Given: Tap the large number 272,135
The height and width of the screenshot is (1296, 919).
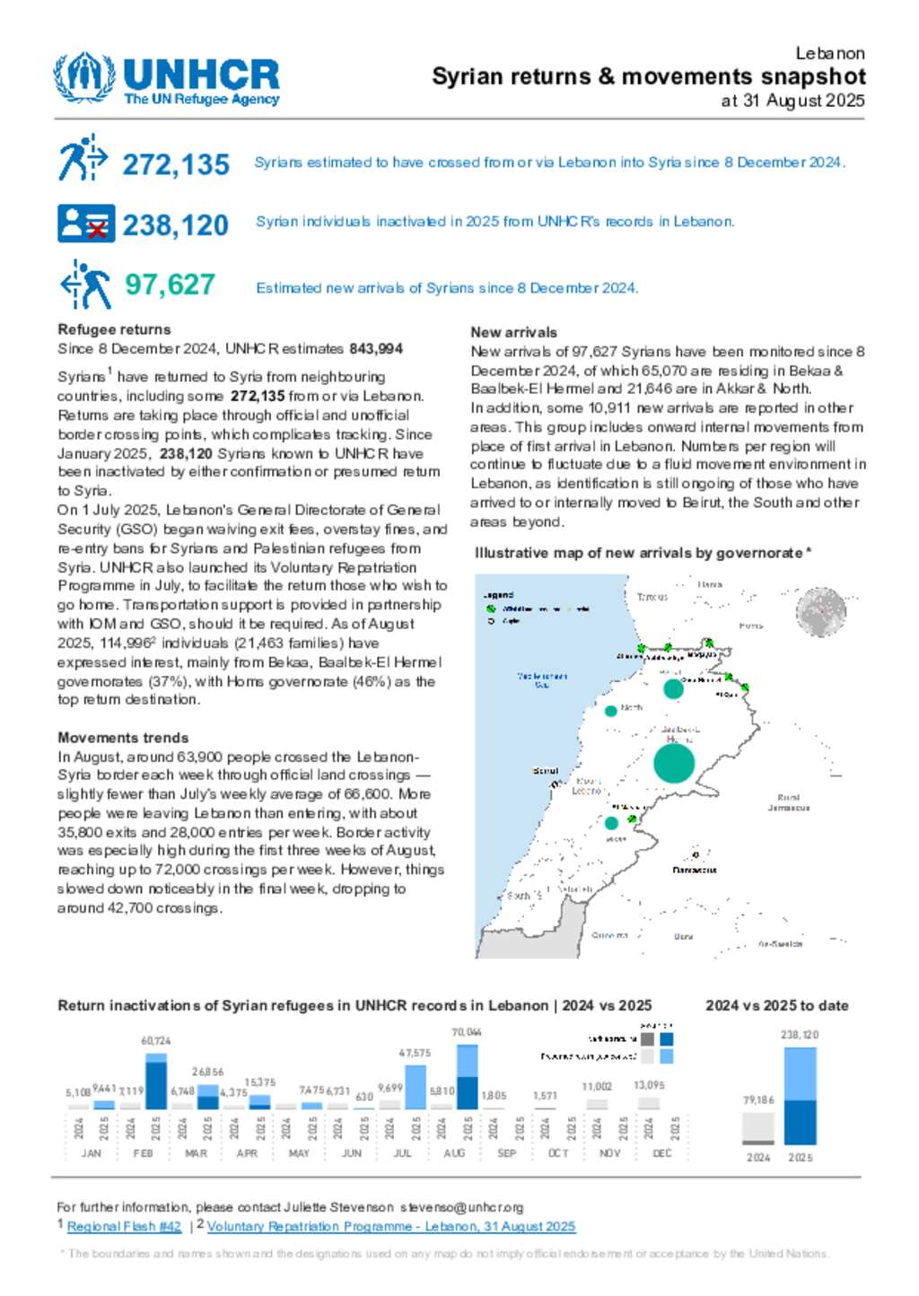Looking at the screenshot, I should [176, 165].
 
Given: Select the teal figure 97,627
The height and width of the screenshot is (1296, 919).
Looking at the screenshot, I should [170, 285].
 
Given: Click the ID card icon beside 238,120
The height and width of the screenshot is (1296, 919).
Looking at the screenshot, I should [86, 223].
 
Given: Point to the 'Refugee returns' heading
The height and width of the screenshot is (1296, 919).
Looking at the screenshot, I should [114, 329].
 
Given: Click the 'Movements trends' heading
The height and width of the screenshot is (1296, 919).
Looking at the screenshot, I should [123, 738].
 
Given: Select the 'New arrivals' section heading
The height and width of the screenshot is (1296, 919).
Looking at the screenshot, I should [513, 332].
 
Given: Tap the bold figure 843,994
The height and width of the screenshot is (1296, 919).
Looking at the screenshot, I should [376, 348].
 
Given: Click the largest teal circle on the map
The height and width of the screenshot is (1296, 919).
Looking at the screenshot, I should [674, 764].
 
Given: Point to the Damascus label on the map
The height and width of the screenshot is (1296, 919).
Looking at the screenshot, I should [695, 870].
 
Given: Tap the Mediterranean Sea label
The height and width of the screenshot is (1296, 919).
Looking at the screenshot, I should [542, 679].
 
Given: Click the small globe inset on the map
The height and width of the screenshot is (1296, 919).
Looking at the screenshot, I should [820, 612].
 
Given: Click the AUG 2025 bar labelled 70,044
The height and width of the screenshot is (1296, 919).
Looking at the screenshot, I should [468, 1076].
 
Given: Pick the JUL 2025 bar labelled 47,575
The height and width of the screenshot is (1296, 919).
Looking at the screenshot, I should [416, 1087].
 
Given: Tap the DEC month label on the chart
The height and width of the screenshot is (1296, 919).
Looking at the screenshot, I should [661, 1153].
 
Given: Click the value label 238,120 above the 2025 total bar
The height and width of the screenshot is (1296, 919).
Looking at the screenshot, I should [800, 1035].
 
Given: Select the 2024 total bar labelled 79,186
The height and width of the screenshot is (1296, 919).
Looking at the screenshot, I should [758, 1128].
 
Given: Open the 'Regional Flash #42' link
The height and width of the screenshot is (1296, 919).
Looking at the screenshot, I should [124, 1226].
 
